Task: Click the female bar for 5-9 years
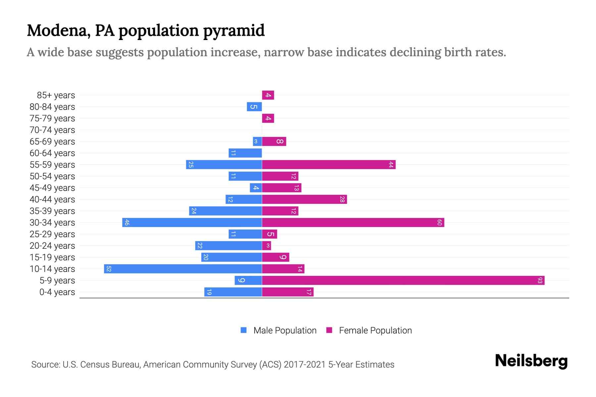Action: point(403,281)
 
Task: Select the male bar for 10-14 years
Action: point(183,269)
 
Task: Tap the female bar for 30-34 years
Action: point(353,223)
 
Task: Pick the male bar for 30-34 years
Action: point(192,223)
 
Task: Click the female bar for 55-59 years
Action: point(328,165)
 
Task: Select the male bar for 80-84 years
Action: point(254,107)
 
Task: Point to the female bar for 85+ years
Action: point(268,95)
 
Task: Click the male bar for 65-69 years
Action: point(257,142)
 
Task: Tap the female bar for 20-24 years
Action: point(267,246)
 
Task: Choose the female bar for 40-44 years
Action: point(304,199)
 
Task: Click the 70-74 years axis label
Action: point(52,130)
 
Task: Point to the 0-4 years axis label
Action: point(57,292)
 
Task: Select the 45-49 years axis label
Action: point(52,188)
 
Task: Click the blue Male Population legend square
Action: point(244,330)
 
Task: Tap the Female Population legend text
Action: point(375,331)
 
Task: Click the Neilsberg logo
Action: point(531,361)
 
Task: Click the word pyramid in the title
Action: point(234,31)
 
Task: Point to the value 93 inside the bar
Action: point(540,281)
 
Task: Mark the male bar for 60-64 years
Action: point(245,153)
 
